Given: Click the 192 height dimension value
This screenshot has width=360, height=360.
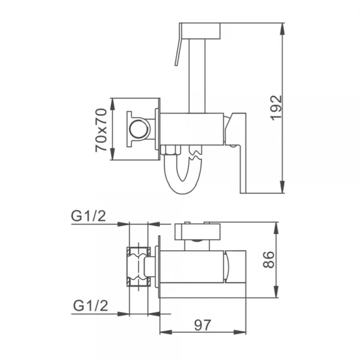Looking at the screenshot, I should click(x=275, y=109).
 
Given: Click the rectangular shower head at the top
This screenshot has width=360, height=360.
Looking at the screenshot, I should click(x=200, y=31).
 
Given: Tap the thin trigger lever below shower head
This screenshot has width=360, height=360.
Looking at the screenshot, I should click(x=178, y=51).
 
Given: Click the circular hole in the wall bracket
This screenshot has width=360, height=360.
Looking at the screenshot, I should click(x=139, y=128).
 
